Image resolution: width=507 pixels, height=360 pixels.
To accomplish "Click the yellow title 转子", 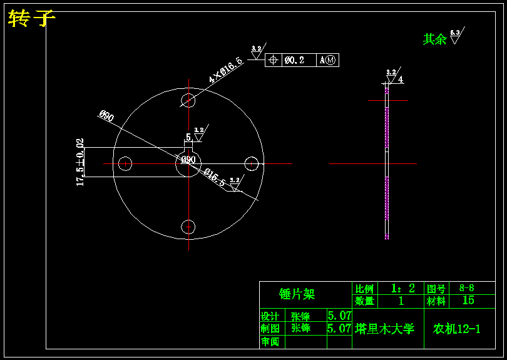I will click(x=32, y=19).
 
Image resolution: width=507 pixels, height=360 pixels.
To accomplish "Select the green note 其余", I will click(x=434, y=39).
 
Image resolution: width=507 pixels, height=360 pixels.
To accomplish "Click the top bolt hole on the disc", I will click(x=189, y=100).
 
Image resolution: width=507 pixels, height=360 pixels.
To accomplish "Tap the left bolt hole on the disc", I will click(x=126, y=163).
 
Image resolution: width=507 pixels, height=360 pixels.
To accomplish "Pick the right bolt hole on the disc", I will click(x=252, y=163).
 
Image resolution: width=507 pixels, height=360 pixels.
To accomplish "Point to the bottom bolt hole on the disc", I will click(x=189, y=227).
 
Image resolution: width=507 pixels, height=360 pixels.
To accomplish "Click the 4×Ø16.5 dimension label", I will click(x=225, y=70).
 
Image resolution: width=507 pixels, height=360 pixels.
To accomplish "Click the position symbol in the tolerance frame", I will click(x=273, y=60).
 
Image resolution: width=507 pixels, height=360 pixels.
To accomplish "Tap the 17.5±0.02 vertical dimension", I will click(x=80, y=163).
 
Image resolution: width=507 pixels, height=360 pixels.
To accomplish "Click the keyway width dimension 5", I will click(x=188, y=137).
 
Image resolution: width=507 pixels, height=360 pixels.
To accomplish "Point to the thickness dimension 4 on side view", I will click(x=400, y=80).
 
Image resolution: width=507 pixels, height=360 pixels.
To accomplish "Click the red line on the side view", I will click(x=387, y=100).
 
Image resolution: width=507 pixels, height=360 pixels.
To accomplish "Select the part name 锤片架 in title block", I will click(x=297, y=294).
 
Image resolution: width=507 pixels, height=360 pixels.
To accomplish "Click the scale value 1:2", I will click(x=402, y=289).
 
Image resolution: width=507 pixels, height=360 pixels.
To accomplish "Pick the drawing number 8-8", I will click(x=467, y=288).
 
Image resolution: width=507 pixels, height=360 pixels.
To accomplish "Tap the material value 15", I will click(x=468, y=301).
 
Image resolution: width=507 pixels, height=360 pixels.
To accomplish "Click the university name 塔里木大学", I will click(x=385, y=329).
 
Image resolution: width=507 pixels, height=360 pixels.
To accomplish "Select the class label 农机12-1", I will click(x=457, y=329).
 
